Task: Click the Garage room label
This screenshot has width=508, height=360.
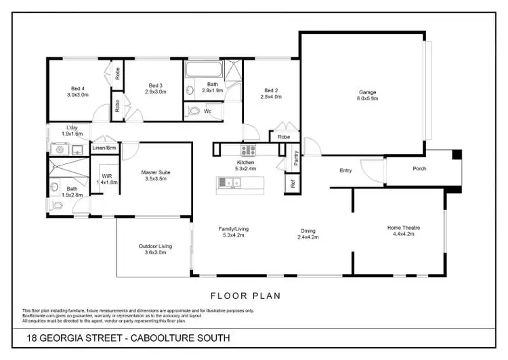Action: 368,93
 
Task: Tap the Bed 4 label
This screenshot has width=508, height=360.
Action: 78,87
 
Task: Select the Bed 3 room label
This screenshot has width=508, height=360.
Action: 156,85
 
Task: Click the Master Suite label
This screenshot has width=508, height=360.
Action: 156,173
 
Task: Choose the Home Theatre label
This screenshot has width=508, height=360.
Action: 400,227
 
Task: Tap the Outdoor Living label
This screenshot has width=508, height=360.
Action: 155,246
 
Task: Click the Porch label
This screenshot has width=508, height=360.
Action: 419,168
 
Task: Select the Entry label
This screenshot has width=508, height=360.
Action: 345,170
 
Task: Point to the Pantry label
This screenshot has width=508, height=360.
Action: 297,158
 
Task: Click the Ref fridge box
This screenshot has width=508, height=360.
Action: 292,183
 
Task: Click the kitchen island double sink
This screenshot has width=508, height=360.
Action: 232,182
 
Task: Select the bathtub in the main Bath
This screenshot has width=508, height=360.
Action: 203,71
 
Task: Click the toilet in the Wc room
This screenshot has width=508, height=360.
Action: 194,111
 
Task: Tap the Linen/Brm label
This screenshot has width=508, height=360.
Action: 104,147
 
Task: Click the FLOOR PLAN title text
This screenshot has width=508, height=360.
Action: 245,296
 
